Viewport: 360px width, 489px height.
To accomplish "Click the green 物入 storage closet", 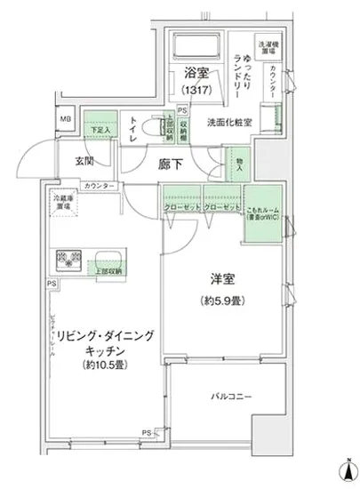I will coord(238,165).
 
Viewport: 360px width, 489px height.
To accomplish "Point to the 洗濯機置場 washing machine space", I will coord(267,46).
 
